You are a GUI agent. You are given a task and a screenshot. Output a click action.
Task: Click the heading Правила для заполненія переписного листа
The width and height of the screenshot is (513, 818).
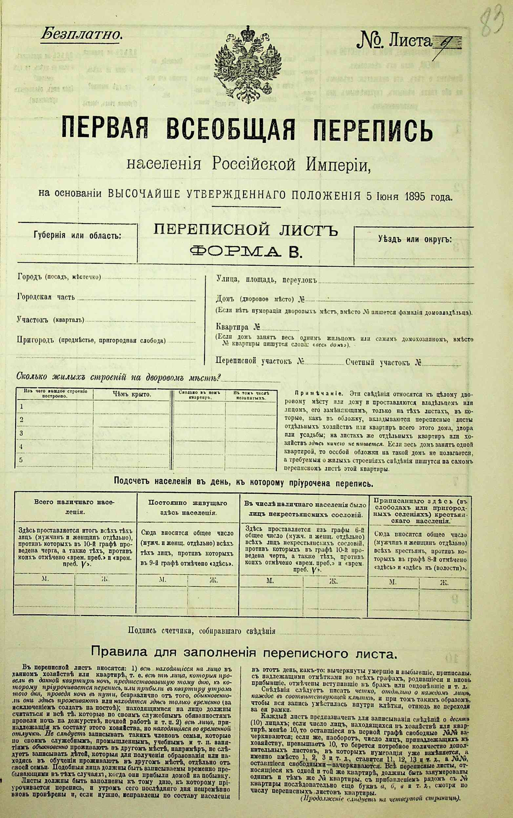(242, 653)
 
